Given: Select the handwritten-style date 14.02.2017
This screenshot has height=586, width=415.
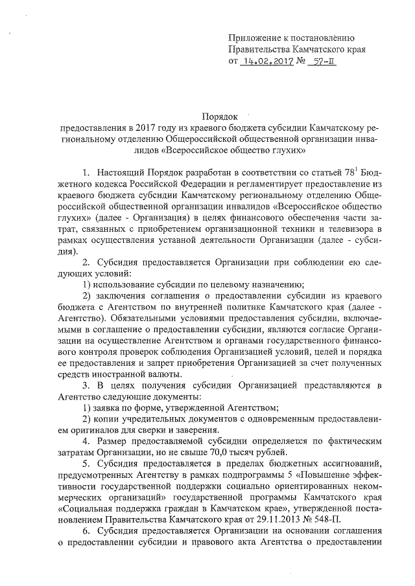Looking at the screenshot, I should pyautogui.click(x=268, y=62).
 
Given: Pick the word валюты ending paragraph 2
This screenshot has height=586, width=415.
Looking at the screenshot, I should pyautogui.click(x=164, y=374).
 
